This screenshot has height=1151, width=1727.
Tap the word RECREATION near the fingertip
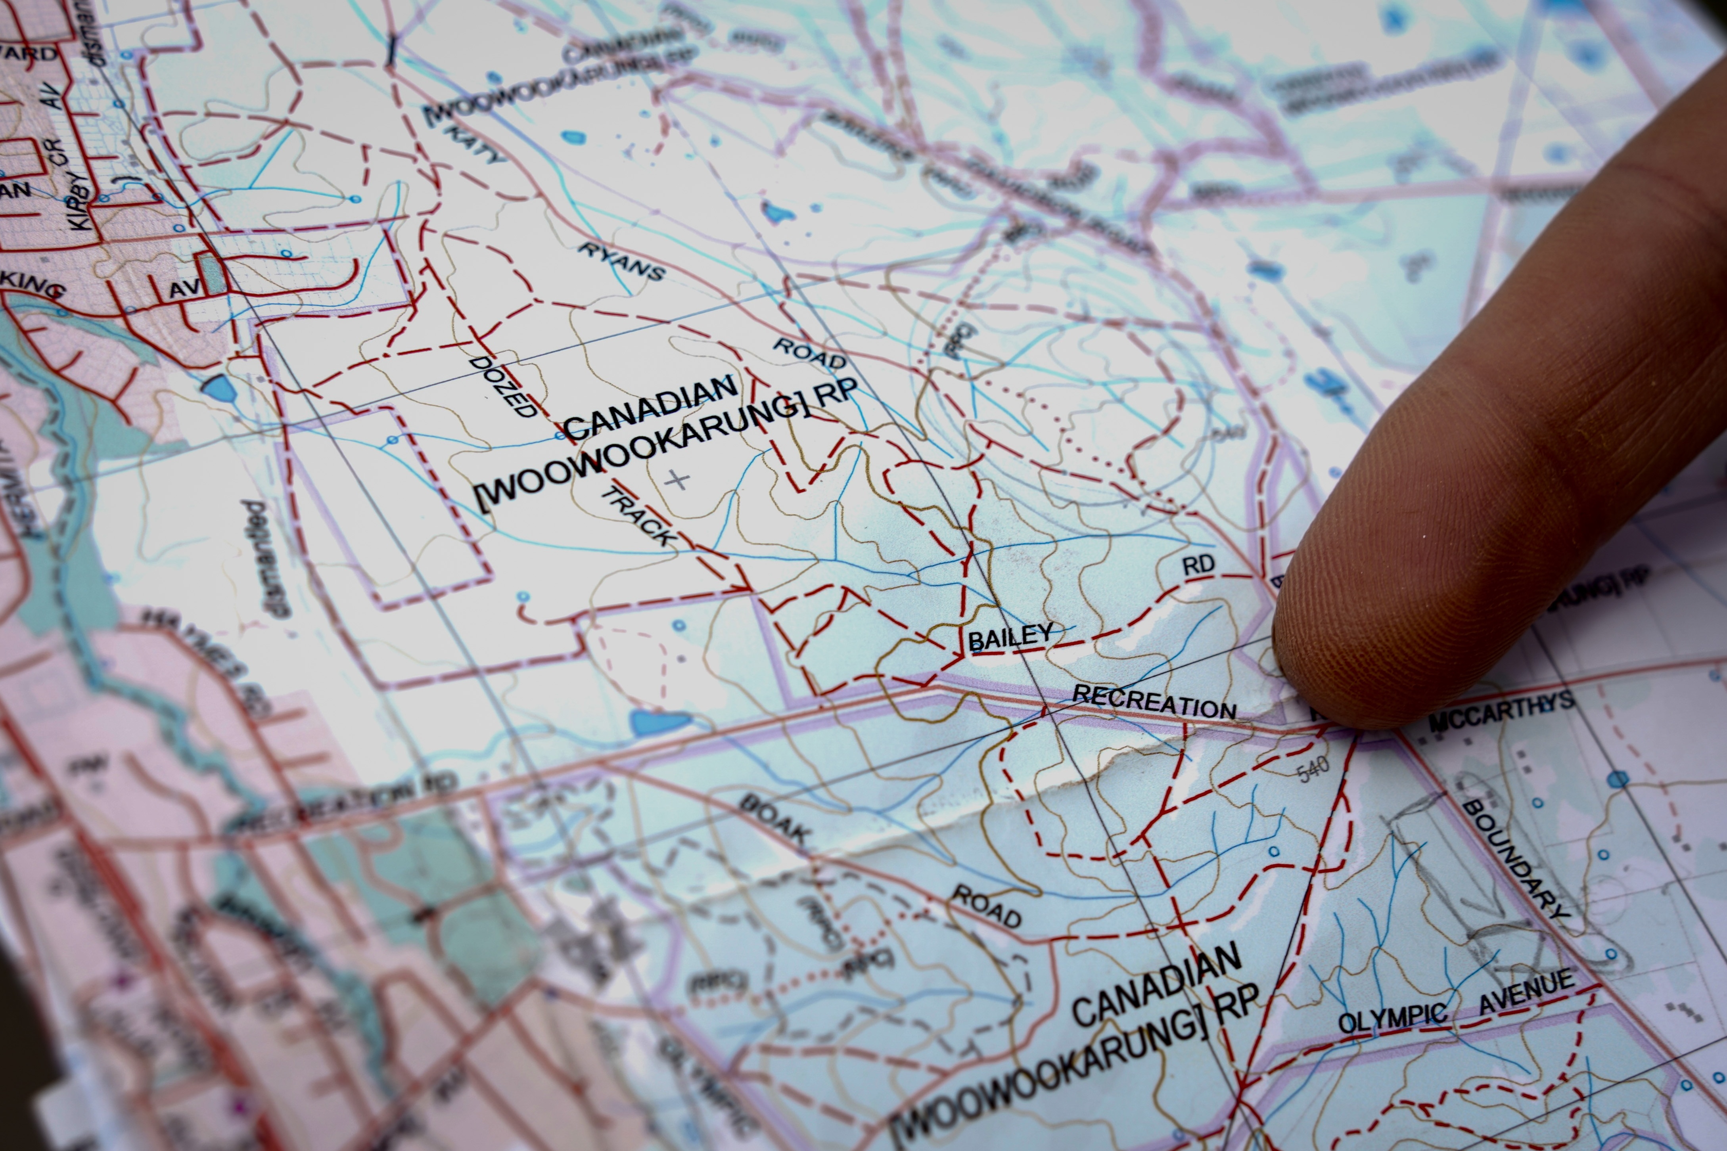point(1154,701)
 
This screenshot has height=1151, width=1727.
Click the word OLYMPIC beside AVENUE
point(1392,1018)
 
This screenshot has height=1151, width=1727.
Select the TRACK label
point(637,516)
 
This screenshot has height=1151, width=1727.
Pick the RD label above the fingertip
point(1198,565)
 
